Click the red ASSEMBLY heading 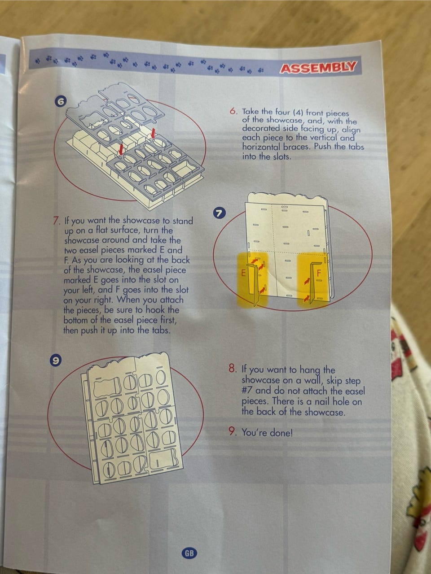318,68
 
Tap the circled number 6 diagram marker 61,102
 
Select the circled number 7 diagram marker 219,213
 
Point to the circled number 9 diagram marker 55,361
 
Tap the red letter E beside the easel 243,274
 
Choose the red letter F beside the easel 319,273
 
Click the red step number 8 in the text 232,369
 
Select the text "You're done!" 267,433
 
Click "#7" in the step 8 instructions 247,391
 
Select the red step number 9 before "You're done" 232,432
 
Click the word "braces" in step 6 296,147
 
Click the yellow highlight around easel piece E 252,280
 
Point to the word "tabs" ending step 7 161,330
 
